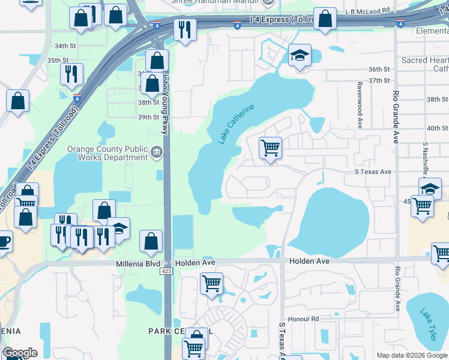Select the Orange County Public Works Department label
coord(107,153)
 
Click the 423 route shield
coord(166,271)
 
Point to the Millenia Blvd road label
coord(139,263)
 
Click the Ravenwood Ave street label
coord(360,106)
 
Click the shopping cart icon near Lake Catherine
coord(271,147)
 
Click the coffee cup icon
coord(3,242)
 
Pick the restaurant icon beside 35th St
coord(71,74)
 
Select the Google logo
coord(20,353)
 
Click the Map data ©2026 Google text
coord(412,355)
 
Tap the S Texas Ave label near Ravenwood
coord(371,172)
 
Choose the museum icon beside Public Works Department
coord(157,153)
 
